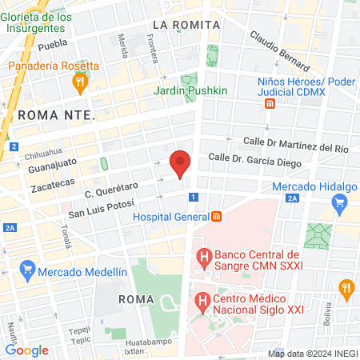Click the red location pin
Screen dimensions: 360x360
point(181,164)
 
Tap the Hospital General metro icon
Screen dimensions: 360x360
point(215,217)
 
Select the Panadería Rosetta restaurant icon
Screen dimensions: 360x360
point(79,82)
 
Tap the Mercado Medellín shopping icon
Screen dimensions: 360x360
point(28,269)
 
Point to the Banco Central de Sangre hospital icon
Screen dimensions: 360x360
point(203,258)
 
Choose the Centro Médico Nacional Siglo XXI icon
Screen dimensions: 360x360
point(202,302)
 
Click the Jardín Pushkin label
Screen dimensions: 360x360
point(191,91)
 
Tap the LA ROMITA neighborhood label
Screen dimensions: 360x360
point(186,25)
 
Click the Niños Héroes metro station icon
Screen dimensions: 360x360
point(271,103)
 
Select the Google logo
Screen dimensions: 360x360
point(26,350)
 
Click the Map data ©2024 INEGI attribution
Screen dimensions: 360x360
point(312,353)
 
